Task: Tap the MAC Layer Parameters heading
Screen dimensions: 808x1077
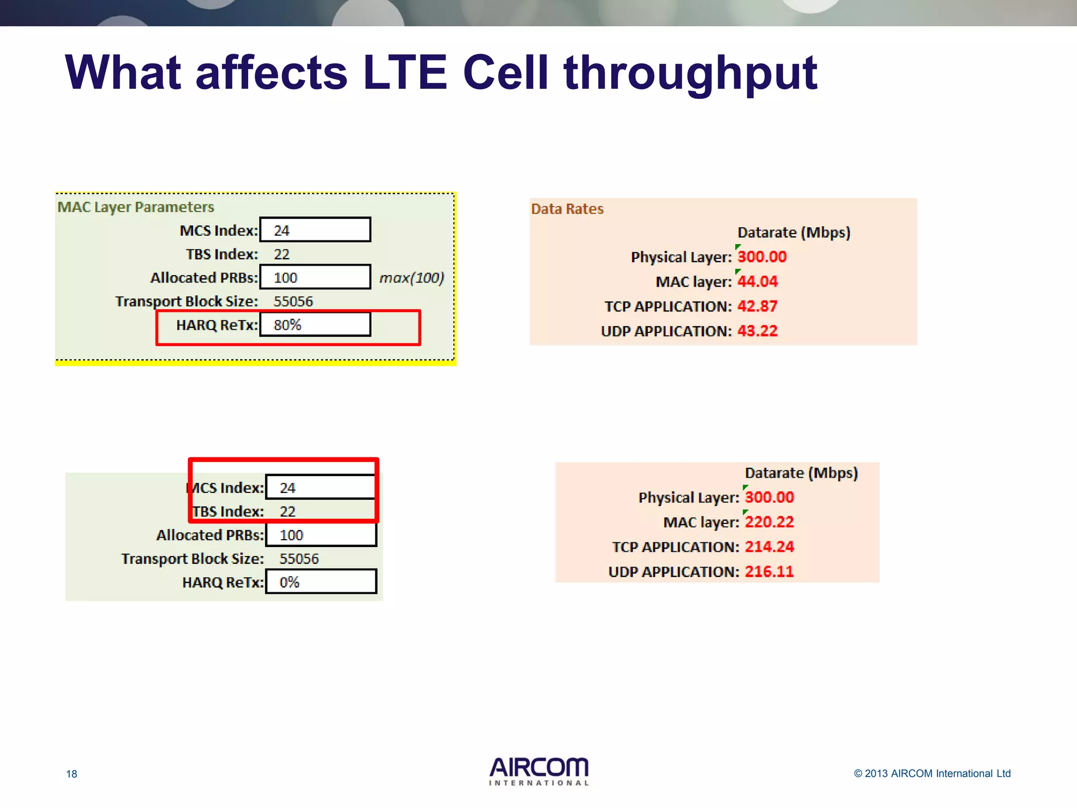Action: pos(136,207)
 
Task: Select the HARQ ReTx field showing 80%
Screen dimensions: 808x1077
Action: pos(315,325)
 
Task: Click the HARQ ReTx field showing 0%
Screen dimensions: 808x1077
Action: pos(321,582)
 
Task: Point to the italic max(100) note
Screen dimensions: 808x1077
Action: pos(412,277)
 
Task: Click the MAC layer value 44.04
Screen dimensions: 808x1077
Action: pos(757,281)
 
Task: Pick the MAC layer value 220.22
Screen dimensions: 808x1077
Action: pos(769,522)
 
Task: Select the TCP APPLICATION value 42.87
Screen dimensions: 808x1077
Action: pos(757,306)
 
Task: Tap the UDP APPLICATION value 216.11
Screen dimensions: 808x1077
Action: pos(769,571)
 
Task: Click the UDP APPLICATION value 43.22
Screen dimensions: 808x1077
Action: pos(757,331)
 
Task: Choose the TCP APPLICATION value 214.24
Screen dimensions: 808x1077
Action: pos(769,547)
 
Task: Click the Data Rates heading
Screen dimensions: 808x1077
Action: pos(567,209)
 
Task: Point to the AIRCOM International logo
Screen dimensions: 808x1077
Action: pos(538,771)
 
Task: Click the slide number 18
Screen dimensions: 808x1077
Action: pos(72,774)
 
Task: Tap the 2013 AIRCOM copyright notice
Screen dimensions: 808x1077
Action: pos(932,773)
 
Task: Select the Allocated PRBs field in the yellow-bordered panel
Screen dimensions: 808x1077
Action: pos(315,277)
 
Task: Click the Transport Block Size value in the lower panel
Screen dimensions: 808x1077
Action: pos(299,559)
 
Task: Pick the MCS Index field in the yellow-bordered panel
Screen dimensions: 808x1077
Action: pos(315,230)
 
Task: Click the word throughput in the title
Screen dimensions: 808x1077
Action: pos(690,74)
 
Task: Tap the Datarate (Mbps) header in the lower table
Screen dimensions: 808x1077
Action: pos(801,473)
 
